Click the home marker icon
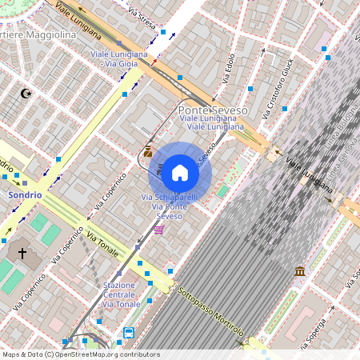[180, 172]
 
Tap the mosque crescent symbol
[26, 94]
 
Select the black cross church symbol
[23, 254]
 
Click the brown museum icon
[299, 272]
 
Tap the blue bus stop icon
[129, 332]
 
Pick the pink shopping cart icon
[158, 230]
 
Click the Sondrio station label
[24, 194]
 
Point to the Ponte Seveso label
[212, 110]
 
